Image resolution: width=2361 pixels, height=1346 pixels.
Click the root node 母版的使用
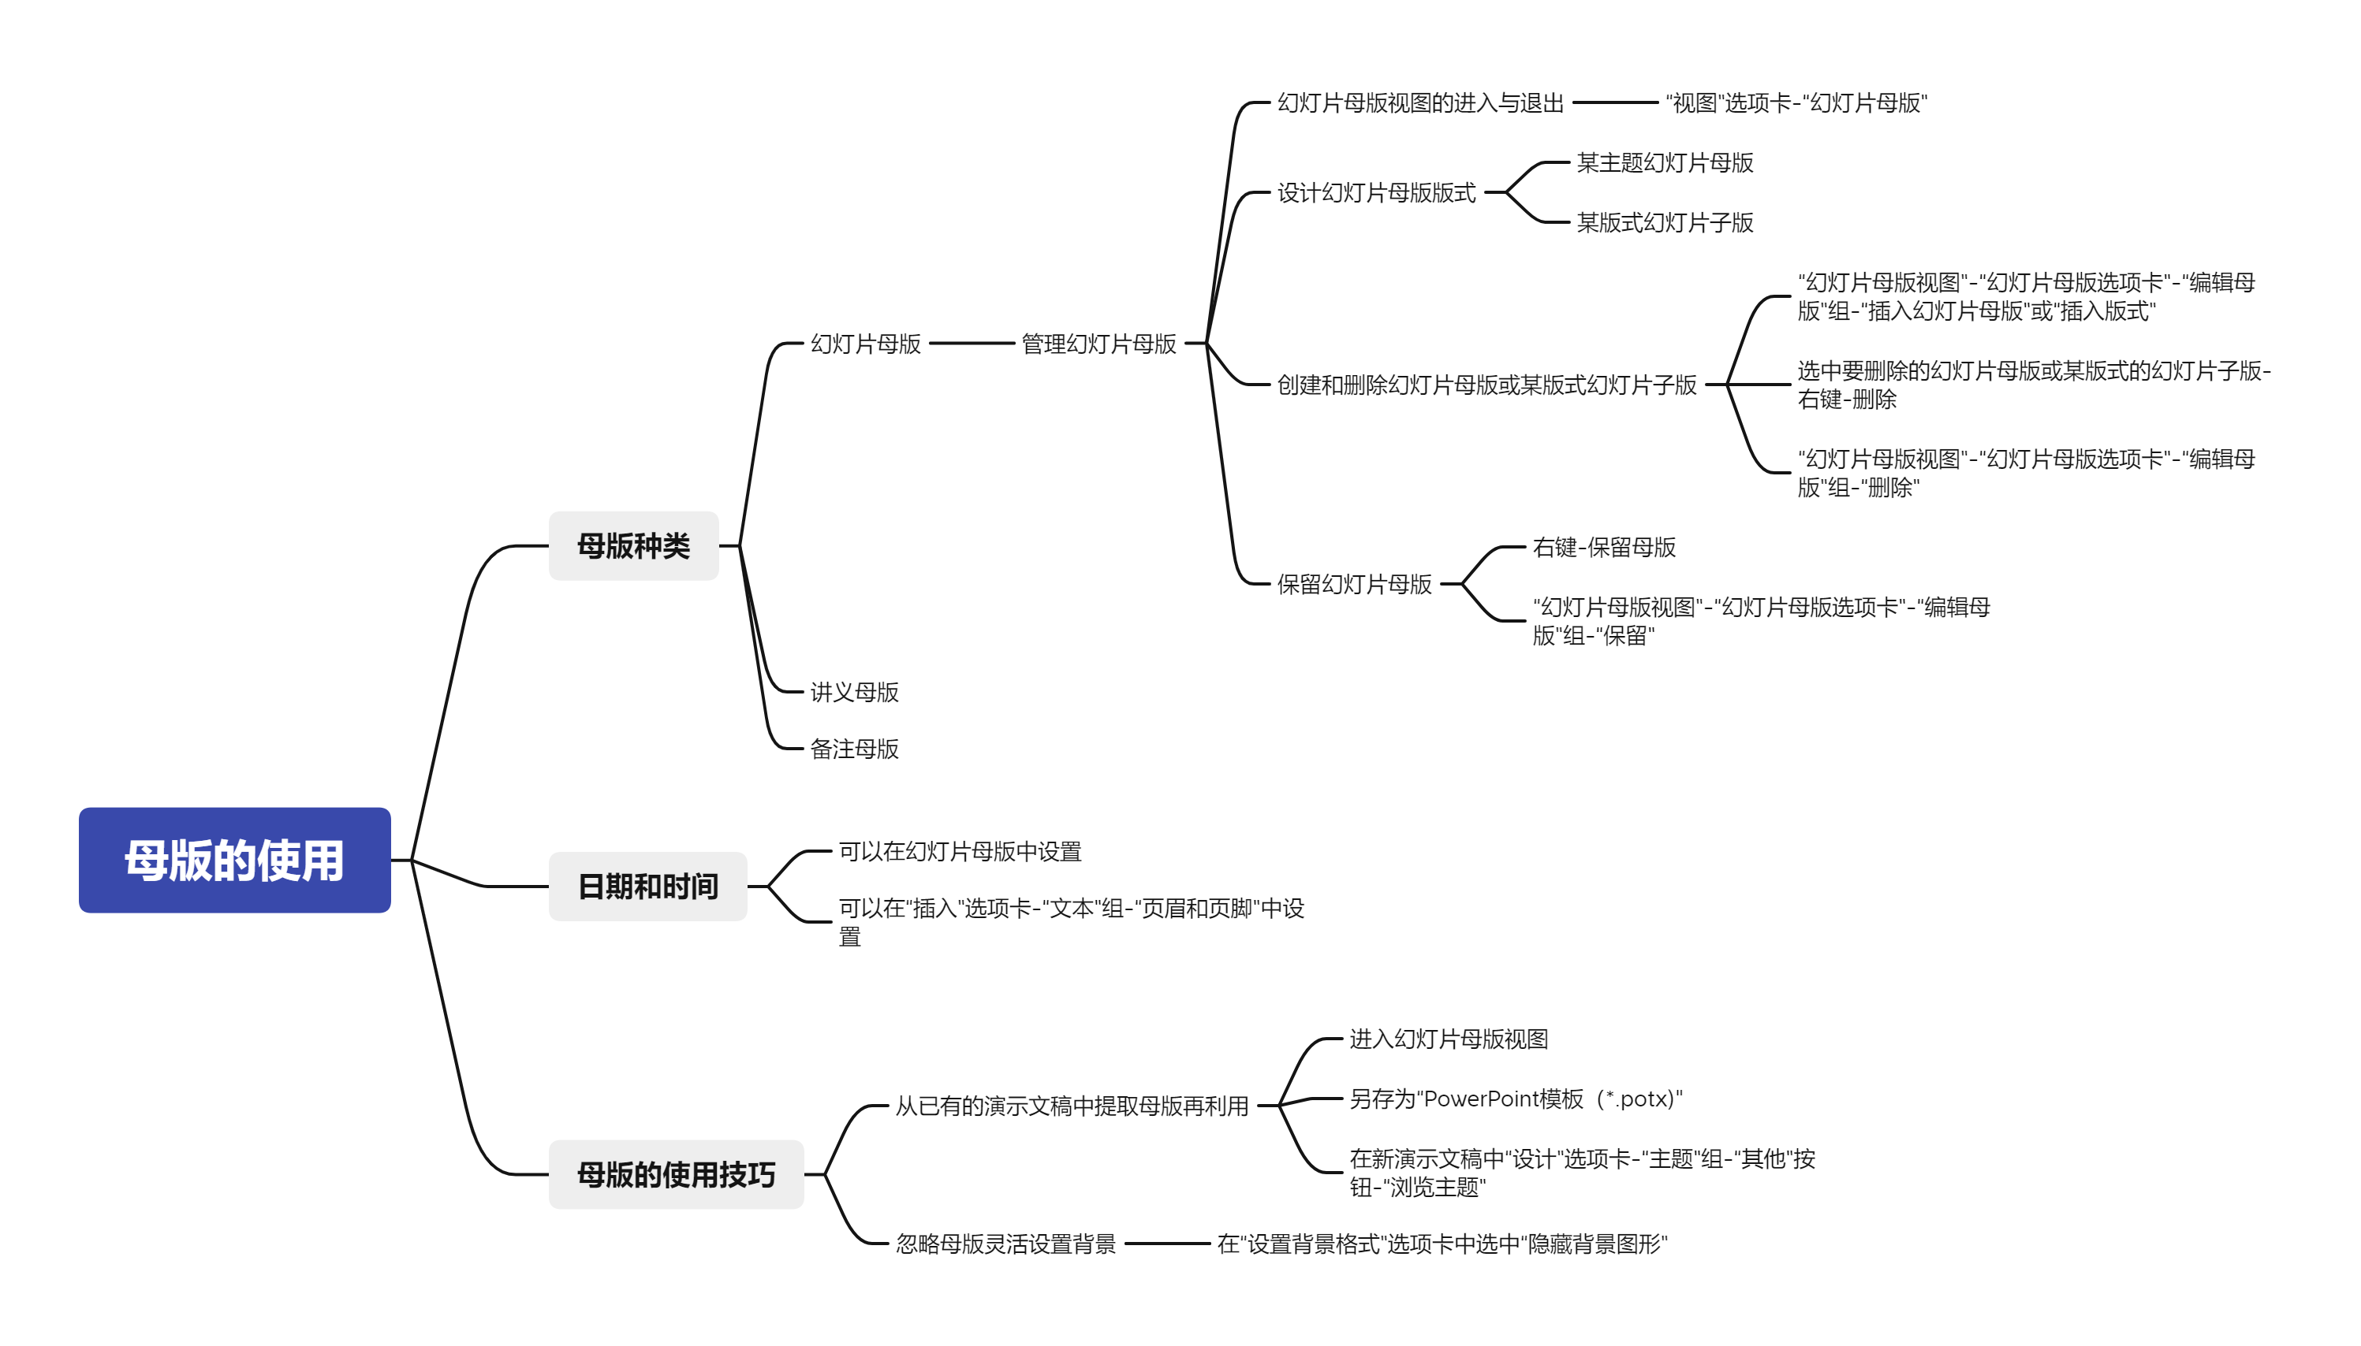(x=234, y=860)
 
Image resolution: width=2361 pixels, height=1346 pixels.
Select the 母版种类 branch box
(x=633, y=545)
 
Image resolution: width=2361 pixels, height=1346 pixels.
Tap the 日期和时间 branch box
(x=647, y=886)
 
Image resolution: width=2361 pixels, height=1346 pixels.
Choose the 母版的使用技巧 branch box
(x=676, y=1174)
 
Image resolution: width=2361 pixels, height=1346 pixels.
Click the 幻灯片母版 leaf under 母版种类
(x=866, y=344)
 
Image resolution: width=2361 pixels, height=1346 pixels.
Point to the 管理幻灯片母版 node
(x=1098, y=344)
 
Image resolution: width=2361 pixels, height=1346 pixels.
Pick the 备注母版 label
(x=855, y=749)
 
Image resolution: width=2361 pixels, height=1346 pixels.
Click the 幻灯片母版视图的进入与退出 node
(x=1420, y=102)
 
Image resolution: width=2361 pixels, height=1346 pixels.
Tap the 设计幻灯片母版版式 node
(x=1376, y=192)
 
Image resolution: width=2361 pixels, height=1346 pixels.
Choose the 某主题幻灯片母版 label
(x=1665, y=162)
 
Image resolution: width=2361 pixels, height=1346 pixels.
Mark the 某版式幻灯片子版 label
(x=1665, y=223)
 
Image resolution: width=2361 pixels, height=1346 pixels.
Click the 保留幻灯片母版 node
(x=1354, y=583)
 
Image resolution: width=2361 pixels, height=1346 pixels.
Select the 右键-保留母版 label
(x=1604, y=547)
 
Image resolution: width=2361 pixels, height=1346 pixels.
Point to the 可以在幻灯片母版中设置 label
(x=960, y=851)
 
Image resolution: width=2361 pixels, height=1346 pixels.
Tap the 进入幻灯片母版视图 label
(x=1449, y=1039)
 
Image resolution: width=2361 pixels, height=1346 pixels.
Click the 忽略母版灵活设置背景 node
(x=1005, y=1244)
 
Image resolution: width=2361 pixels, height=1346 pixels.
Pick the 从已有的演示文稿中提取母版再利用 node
(x=1072, y=1106)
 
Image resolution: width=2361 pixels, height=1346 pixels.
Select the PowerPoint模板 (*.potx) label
(x=1515, y=1099)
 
